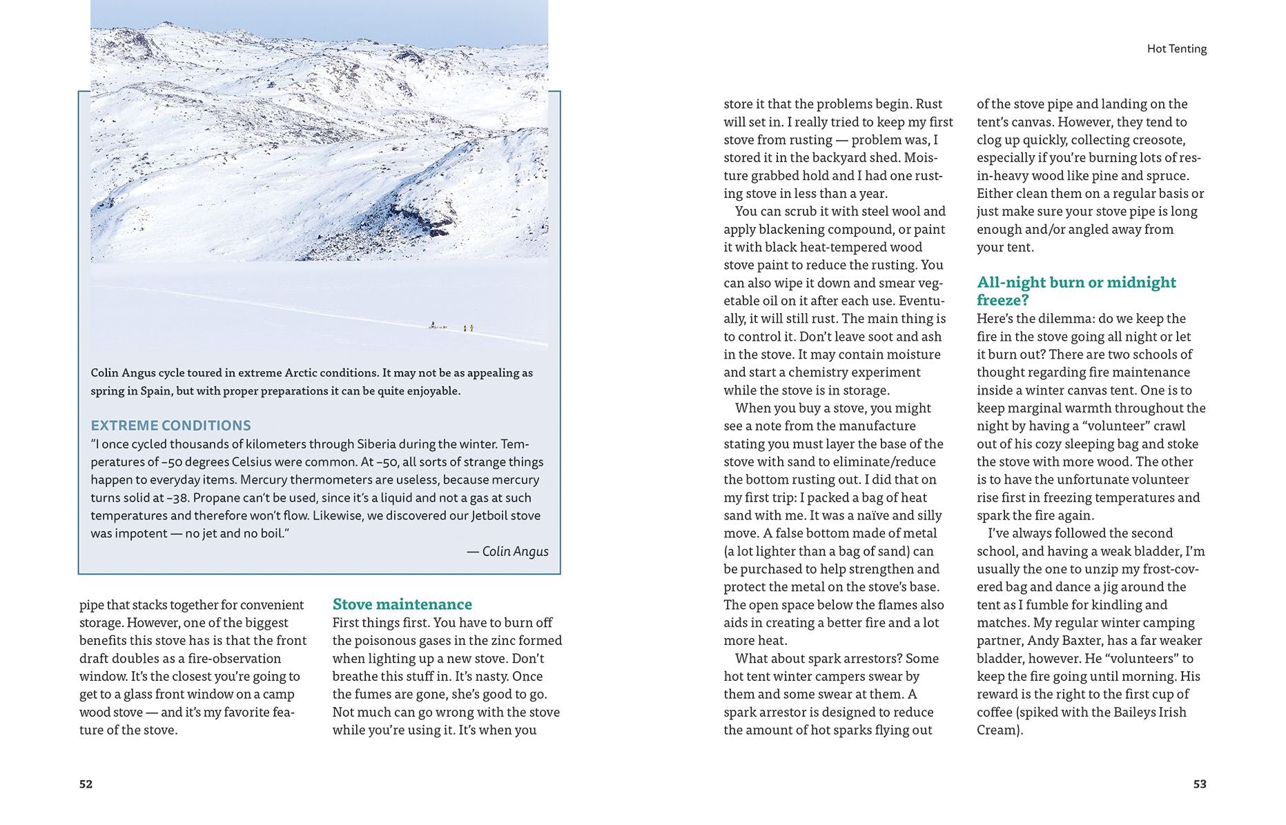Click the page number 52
(x=86, y=784)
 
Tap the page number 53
(x=1200, y=784)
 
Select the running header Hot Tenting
(x=1176, y=49)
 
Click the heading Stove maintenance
(x=402, y=604)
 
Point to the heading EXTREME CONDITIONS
(x=171, y=426)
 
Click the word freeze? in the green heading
(x=1002, y=300)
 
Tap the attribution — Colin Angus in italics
(x=507, y=551)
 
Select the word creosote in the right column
(x=1156, y=140)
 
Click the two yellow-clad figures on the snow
(x=468, y=328)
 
